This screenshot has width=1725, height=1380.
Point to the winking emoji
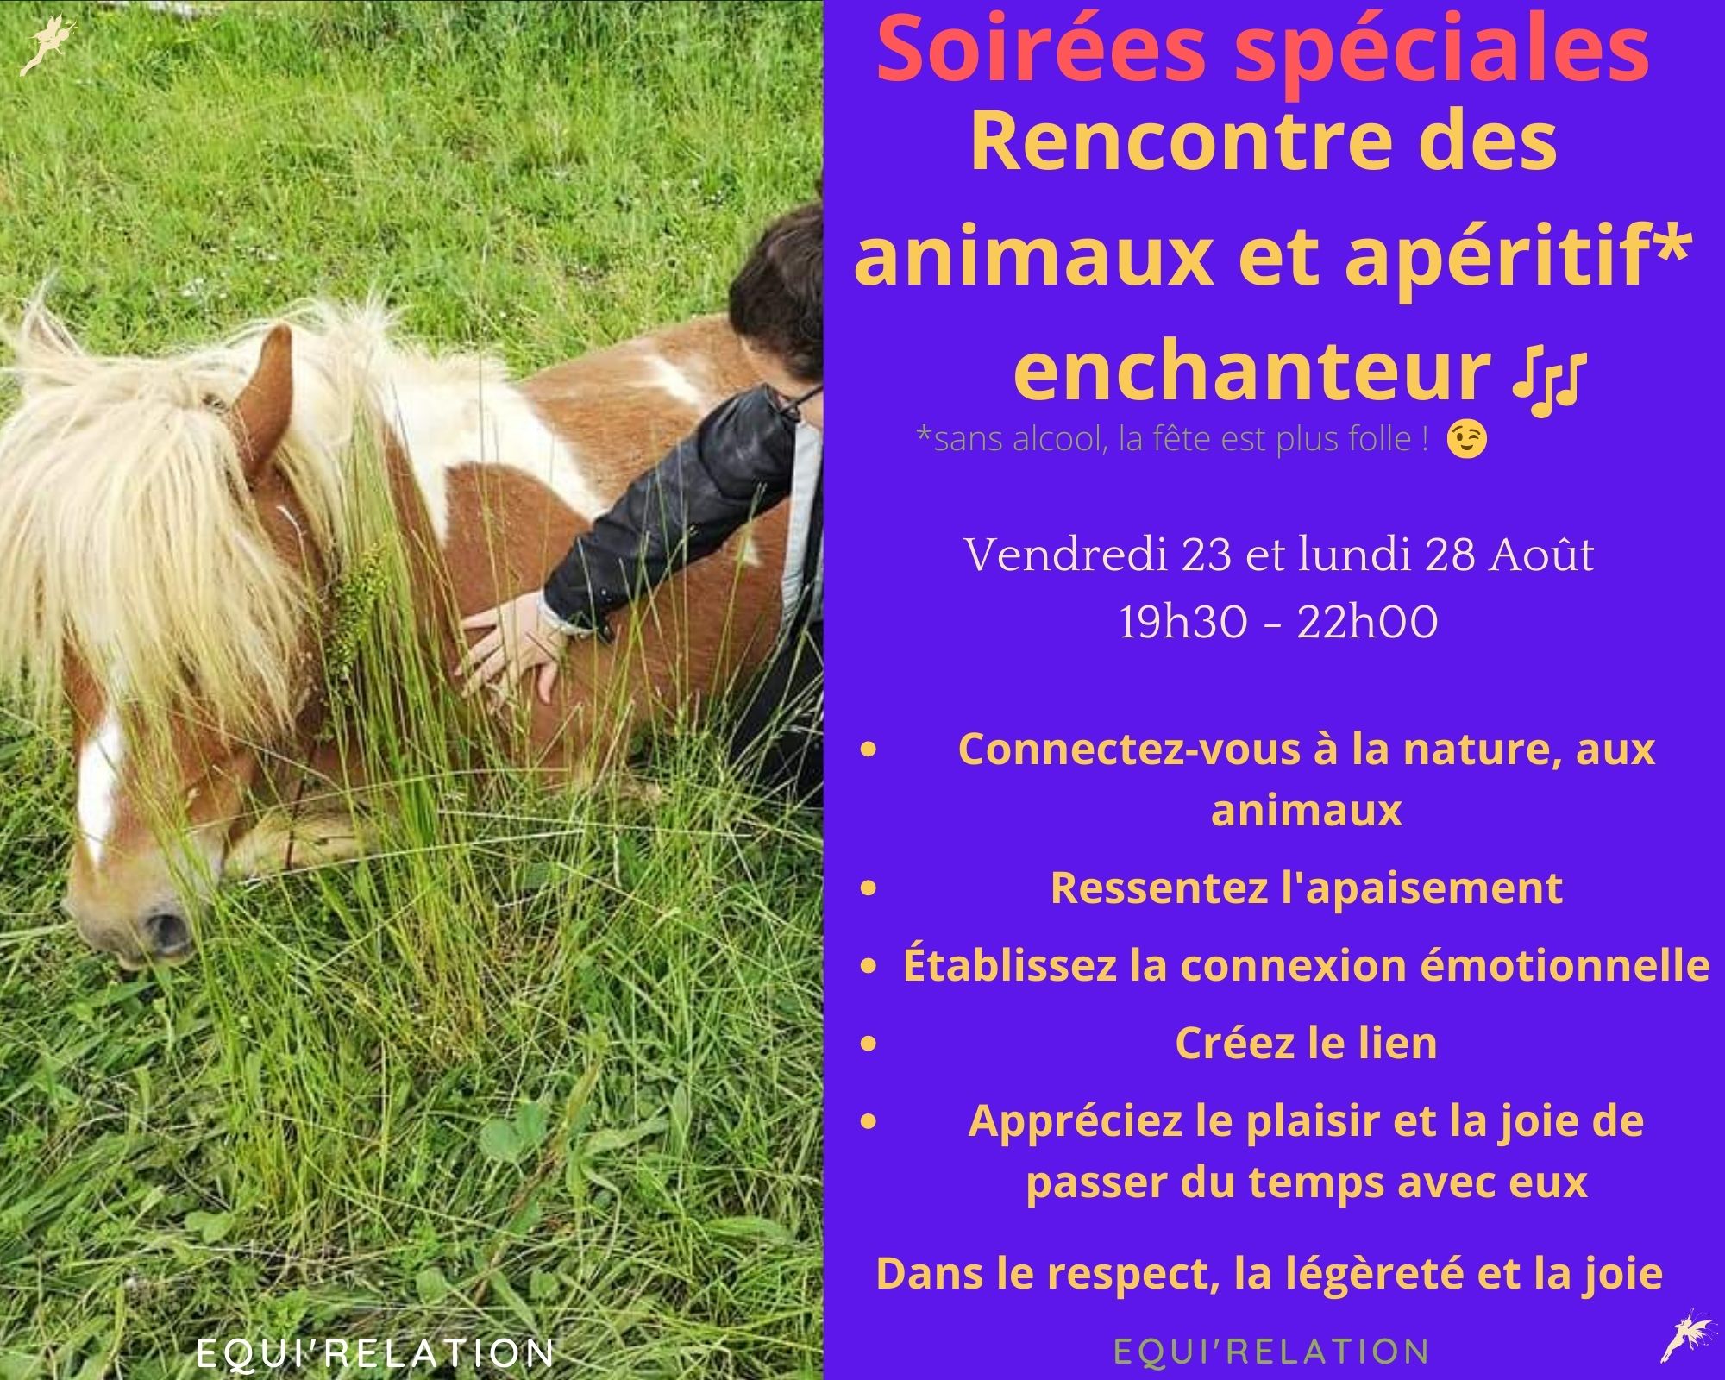1468,440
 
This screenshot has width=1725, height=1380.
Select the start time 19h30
1183,622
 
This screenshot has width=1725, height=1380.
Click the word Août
1541,555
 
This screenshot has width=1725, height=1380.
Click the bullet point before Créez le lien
869,1044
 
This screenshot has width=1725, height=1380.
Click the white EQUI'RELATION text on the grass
375,1353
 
